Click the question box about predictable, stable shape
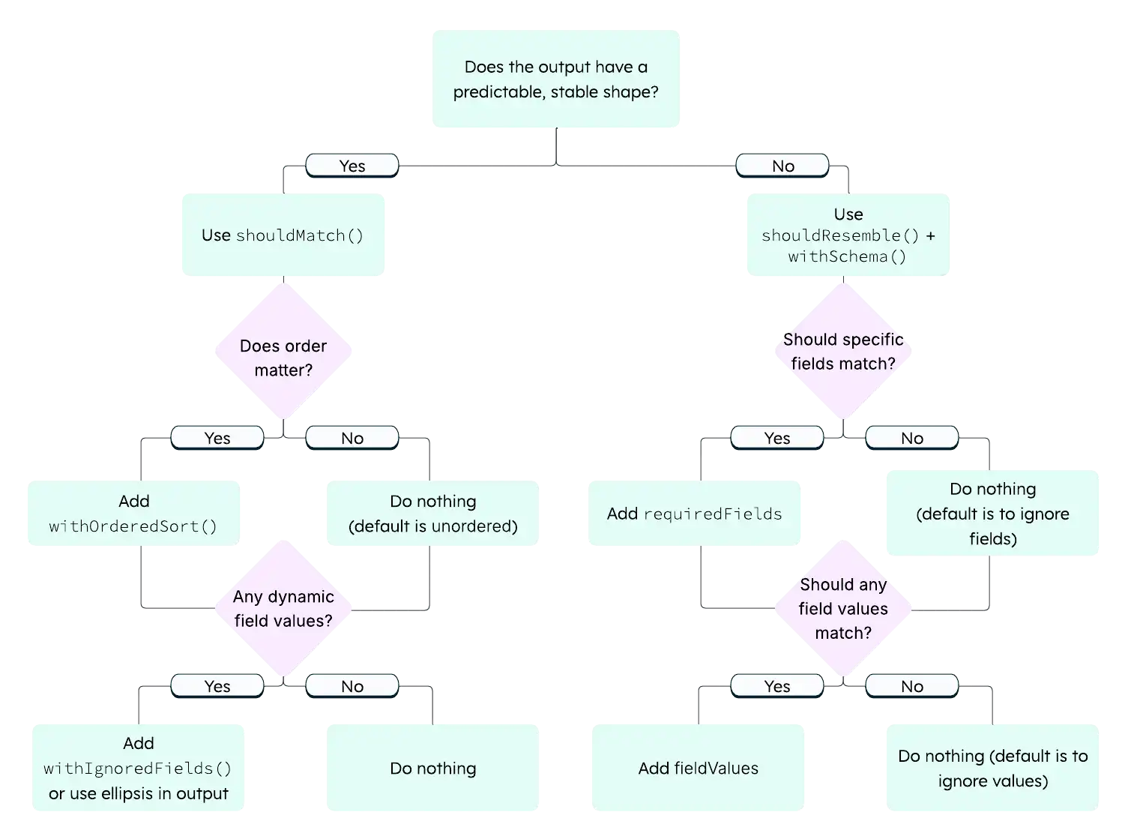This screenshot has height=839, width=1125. click(556, 80)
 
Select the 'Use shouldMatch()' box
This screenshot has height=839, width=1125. click(283, 236)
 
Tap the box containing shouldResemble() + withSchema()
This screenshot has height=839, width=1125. click(848, 235)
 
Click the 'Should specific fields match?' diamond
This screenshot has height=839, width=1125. click(842, 351)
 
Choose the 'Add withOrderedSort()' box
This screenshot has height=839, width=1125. click(133, 514)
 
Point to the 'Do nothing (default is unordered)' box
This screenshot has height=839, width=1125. click(432, 514)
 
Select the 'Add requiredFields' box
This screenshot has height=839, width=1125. click(694, 514)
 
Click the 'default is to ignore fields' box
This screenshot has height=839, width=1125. click(992, 514)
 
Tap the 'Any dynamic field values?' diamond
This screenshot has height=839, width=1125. click(283, 608)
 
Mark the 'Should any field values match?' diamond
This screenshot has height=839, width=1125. click(842, 608)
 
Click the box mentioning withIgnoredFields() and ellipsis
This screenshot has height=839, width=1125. click(138, 768)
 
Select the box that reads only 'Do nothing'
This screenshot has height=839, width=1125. click(432, 768)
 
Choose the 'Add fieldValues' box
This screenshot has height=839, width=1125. click(698, 768)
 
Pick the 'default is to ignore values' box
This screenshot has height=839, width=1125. click(992, 768)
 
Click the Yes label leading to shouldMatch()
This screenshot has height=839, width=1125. click(352, 166)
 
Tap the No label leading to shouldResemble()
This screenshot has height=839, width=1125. click(782, 166)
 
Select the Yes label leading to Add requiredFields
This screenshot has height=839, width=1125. click(776, 438)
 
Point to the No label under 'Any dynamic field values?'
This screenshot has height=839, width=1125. click(352, 686)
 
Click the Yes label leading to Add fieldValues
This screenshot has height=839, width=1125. click(776, 686)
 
